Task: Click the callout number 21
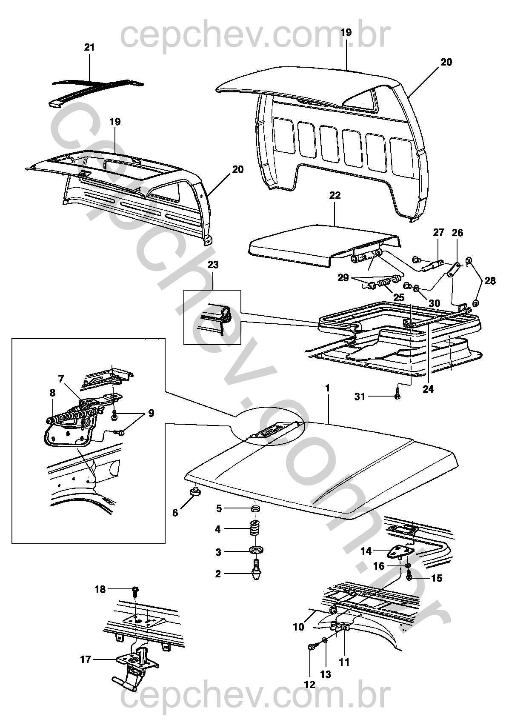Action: pos(89,47)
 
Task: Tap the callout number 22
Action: pos(335,195)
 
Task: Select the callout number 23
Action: pos(213,265)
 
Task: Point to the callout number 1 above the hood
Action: pos(328,388)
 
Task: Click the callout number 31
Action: pos(360,397)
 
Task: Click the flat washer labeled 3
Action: pos(255,552)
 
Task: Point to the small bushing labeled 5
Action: pos(255,508)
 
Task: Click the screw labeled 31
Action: pos(397,396)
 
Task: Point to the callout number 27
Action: pos(438,232)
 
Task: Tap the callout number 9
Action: pos(151,413)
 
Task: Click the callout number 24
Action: pos(428,389)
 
